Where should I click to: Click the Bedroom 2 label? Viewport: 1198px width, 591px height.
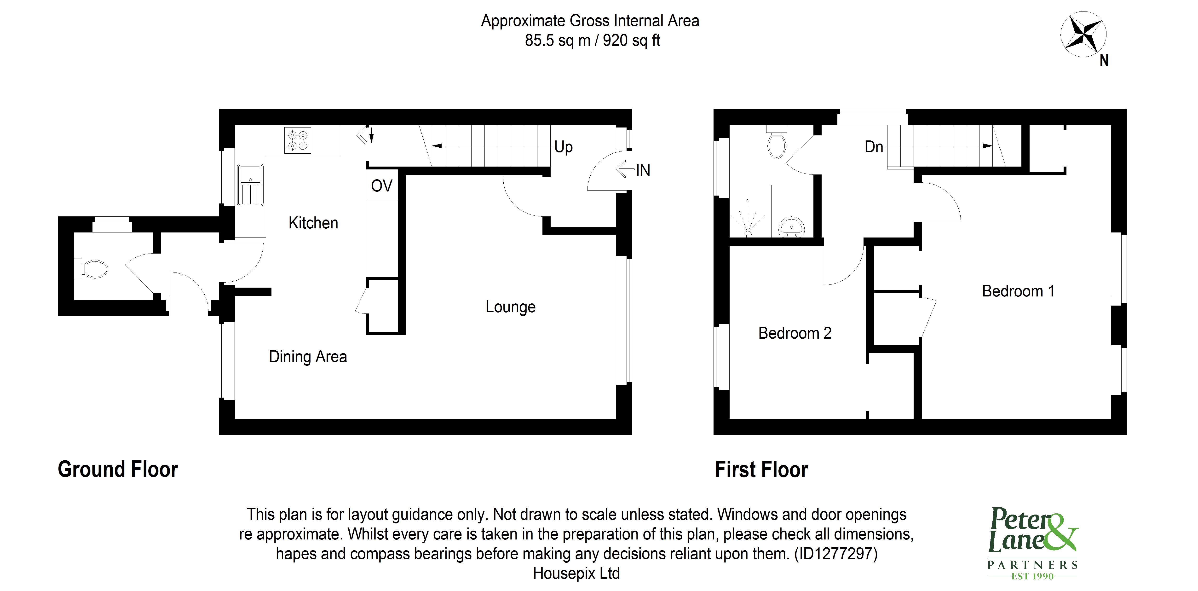tap(794, 333)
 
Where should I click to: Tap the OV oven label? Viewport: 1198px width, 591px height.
tap(381, 186)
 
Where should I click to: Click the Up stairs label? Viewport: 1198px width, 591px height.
tap(563, 147)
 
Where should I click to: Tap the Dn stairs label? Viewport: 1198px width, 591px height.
tap(873, 147)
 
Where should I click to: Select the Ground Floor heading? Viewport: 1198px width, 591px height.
tap(118, 469)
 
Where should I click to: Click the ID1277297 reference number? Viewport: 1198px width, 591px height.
tap(836, 554)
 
